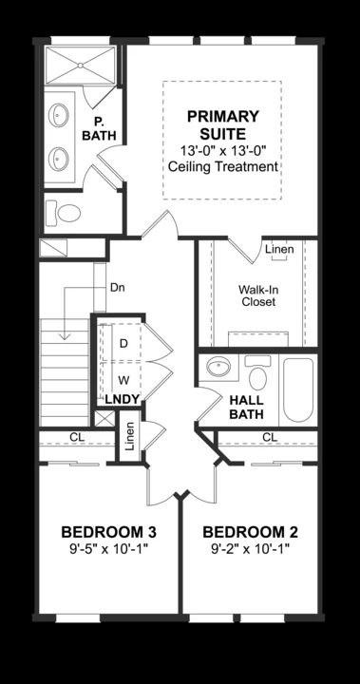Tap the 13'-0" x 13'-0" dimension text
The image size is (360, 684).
(222, 150)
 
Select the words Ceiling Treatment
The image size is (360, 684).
(222, 167)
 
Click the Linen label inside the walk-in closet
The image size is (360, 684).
(278, 250)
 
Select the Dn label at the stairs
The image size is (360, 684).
(118, 287)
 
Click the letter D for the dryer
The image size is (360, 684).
(123, 342)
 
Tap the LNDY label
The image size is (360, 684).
(122, 400)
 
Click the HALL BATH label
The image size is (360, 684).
(246, 408)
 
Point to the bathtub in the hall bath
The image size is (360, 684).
(296, 389)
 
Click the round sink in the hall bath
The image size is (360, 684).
(218, 369)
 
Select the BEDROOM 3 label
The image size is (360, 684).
(108, 531)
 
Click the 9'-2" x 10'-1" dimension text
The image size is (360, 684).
(250, 549)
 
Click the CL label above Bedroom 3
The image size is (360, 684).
(75, 437)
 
